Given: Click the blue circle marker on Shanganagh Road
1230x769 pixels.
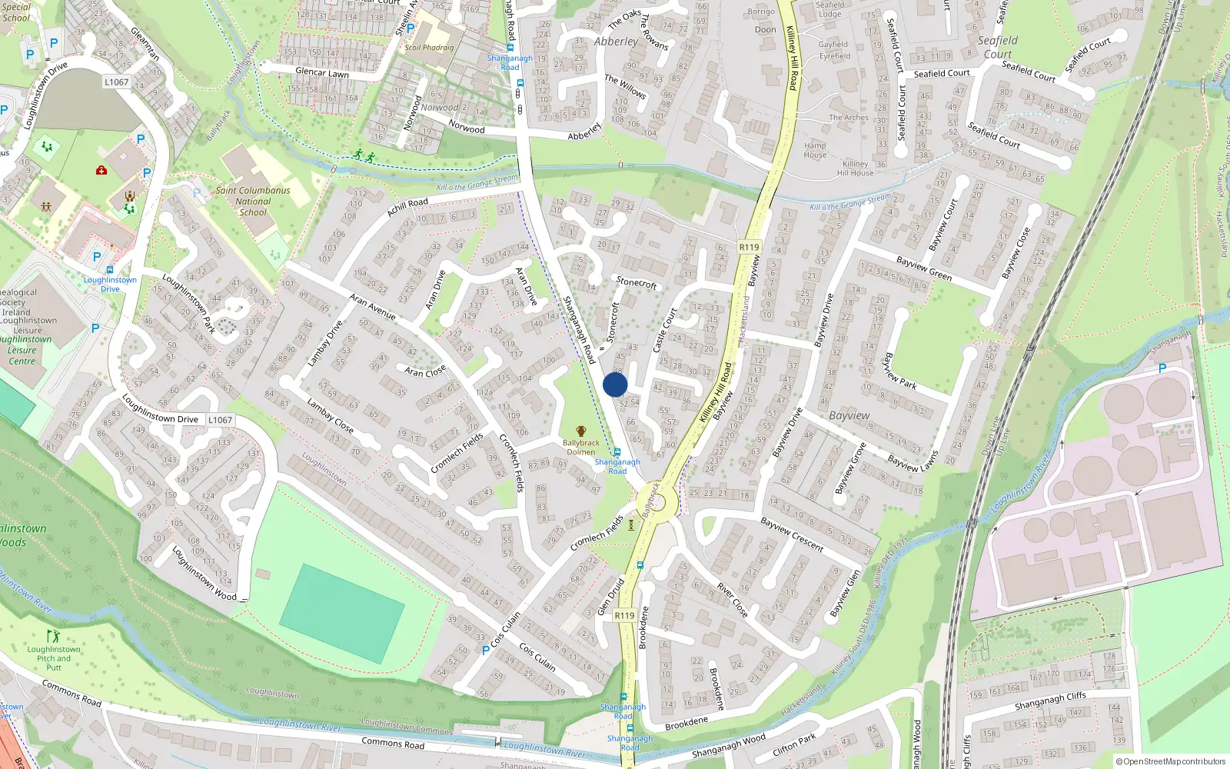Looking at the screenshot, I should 615,384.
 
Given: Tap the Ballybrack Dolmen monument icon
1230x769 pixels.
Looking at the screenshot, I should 580,431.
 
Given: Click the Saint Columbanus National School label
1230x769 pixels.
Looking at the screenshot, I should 253,201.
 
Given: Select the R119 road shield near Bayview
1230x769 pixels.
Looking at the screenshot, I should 749,247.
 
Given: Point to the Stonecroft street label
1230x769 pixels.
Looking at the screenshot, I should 637,282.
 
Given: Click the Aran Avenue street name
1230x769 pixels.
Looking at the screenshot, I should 373,306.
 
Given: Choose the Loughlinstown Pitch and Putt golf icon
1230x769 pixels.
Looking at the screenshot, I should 53,636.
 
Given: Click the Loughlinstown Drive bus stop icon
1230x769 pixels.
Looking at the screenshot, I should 110,270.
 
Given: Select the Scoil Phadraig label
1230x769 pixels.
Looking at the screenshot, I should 429,48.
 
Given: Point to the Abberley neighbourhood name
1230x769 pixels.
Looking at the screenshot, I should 615,42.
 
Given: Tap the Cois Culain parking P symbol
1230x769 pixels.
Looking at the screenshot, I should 485,650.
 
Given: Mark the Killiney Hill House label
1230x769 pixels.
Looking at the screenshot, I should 855,168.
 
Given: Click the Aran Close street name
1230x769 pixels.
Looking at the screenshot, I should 425,371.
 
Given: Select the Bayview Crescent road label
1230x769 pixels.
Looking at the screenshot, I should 792,534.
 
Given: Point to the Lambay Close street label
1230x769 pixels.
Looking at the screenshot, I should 330,415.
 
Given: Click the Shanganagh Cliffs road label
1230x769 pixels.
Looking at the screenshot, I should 1050,701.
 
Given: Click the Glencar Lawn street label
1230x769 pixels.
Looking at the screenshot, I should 322,72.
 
